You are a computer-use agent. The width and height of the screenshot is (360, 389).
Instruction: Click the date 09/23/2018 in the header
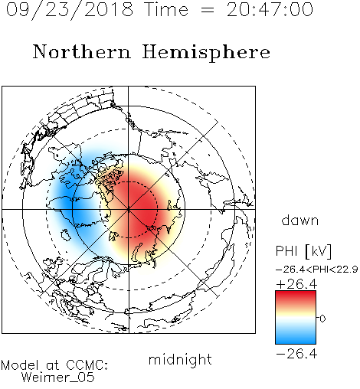(70, 10)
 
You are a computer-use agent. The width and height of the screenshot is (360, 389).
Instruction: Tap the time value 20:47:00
(270, 9)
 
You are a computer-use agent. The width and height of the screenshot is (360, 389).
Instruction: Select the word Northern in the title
(82, 52)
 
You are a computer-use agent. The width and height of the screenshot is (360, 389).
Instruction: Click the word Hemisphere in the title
(206, 53)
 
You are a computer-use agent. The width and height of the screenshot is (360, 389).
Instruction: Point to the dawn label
(300, 221)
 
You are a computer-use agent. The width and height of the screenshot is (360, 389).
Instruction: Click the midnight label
(180, 360)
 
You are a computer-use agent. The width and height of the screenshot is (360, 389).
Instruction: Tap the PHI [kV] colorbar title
(303, 251)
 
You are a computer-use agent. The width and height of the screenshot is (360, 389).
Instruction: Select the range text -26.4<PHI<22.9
(316, 270)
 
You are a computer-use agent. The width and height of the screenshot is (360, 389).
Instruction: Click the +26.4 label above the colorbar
(296, 284)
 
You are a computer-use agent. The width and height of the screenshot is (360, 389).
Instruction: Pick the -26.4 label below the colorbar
(296, 354)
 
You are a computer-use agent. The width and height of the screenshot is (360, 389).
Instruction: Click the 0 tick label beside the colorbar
(322, 319)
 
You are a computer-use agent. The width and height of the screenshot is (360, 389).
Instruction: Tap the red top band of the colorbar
(296, 296)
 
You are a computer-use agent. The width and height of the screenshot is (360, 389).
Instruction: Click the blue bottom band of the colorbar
(296, 339)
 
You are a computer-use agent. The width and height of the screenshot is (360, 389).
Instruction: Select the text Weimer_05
(58, 378)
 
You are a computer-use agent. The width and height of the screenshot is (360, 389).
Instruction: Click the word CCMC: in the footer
(87, 365)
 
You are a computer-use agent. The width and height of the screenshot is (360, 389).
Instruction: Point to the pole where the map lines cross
(129, 210)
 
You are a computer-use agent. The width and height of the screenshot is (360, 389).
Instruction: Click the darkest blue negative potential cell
(69, 201)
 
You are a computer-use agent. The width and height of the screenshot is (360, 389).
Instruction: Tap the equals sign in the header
(208, 11)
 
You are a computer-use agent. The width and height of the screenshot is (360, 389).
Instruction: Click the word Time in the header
(166, 9)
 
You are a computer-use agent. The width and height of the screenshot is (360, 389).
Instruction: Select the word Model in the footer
(20, 365)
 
